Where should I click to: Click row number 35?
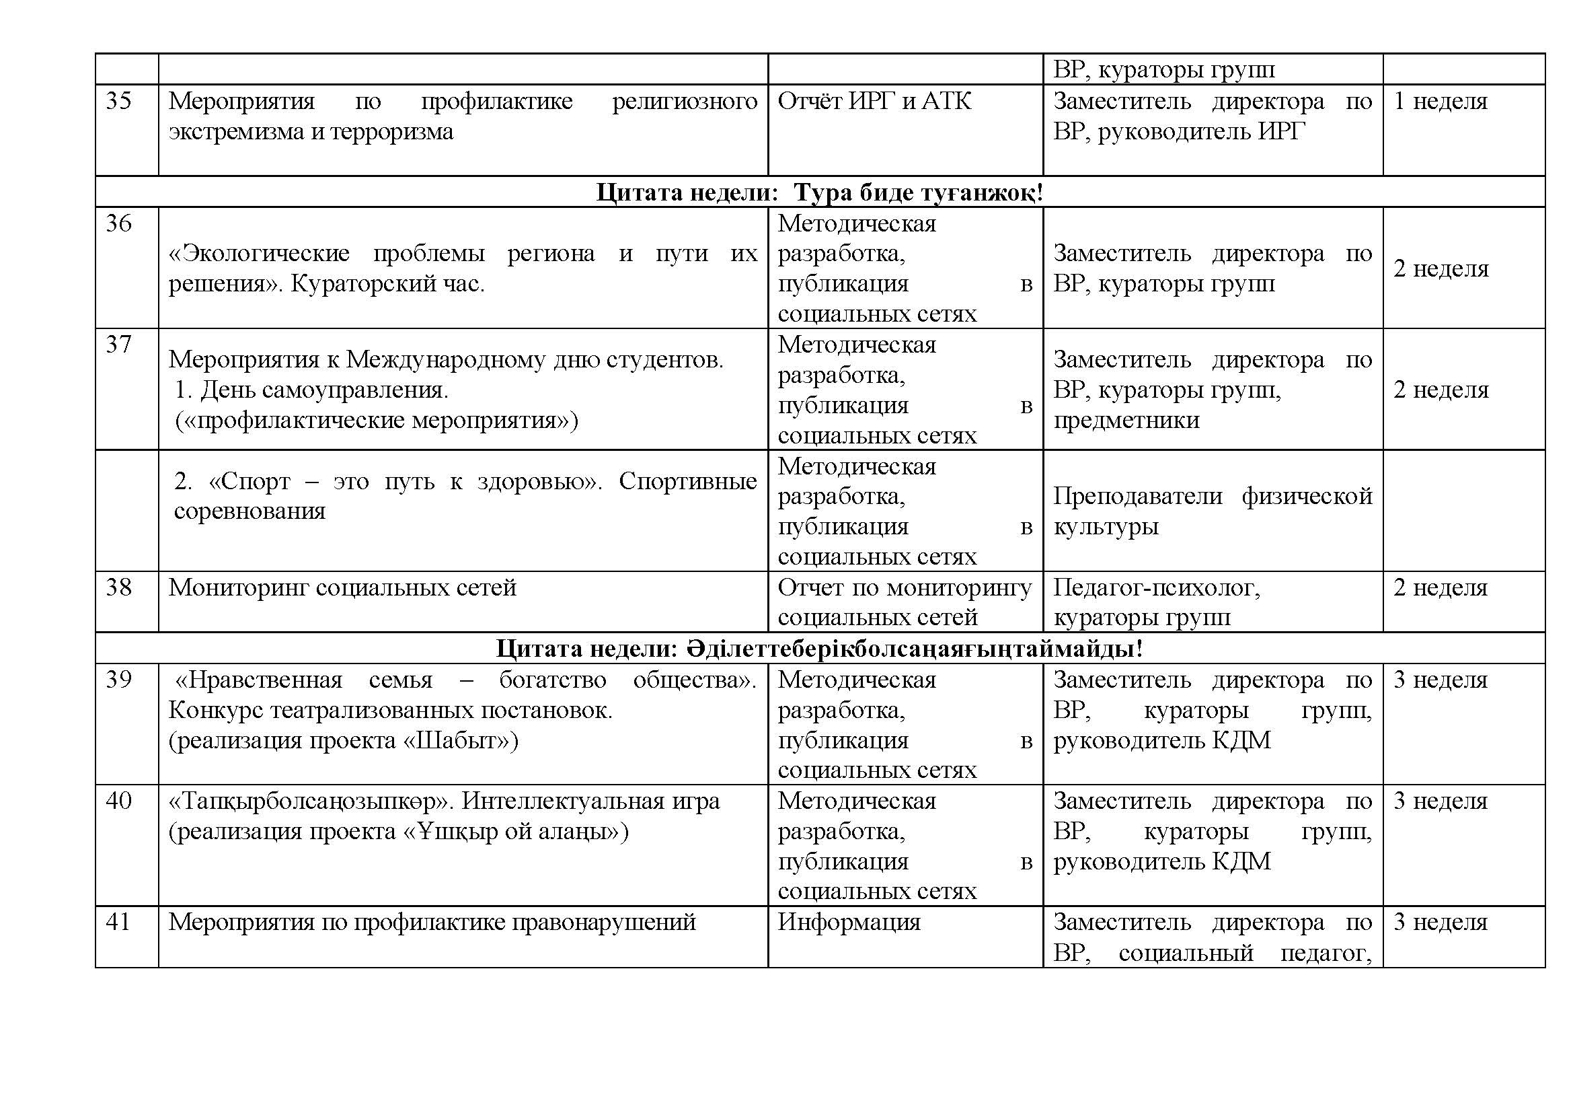coord(118,102)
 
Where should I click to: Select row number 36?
coord(118,223)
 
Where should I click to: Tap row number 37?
coord(118,345)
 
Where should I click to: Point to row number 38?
coord(118,588)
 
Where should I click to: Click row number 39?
coord(118,680)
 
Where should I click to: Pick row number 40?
coord(118,801)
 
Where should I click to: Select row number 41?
coord(118,923)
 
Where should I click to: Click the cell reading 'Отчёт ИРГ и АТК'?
coord(874,102)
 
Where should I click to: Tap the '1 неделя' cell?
coord(1440,102)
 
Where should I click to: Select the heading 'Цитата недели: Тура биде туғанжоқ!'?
coord(819,192)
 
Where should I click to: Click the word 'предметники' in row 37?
coord(1126,420)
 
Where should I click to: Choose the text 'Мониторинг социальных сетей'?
coord(342,588)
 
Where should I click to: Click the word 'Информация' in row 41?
coord(849,923)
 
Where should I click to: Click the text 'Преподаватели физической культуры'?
coord(1213,511)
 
